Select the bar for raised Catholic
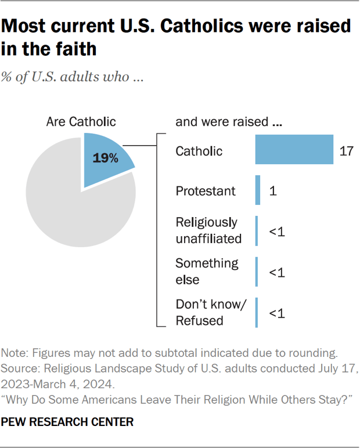[x=294, y=150]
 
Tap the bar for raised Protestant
[x=257, y=190]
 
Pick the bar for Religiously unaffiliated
[x=256, y=230]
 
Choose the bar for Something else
[x=256, y=272]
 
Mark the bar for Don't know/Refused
[x=256, y=312]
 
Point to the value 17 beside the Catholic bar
[x=346, y=151]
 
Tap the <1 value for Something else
[x=276, y=272]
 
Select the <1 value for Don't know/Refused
[x=276, y=313]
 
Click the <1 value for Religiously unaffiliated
[x=276, y=231]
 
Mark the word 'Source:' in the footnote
[x=20, y=368]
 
